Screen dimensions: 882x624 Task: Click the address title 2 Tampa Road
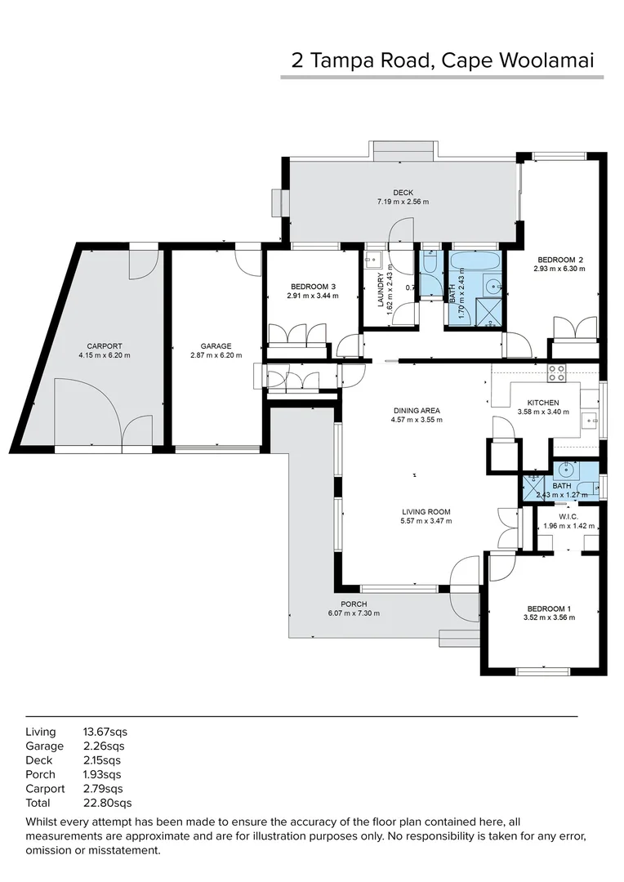[x=442, y=60]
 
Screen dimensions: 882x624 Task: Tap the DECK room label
[x=403, y=193]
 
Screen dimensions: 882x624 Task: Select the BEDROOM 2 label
[x=559, y=259]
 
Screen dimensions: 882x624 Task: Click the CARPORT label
[x=104, y=346]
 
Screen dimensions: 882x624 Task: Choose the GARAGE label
[x=216, y=346]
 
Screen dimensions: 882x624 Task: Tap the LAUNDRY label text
[x=381, y=288]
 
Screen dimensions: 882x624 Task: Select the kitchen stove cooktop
[x=556, y=373]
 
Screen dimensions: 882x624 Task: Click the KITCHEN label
[x=543, y=403]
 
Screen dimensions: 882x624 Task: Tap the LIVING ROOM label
[x=426, y=512]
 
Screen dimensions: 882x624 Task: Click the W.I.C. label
[x=569, y=516]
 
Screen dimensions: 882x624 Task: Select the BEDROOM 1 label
[x=549, y=608]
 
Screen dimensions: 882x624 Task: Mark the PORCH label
[x=354, y=604]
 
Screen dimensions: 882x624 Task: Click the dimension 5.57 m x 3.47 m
[x=426, y=521]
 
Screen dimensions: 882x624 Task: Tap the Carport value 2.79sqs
[x=103, y=789]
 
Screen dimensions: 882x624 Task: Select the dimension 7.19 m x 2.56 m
[x=403, y=202]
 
